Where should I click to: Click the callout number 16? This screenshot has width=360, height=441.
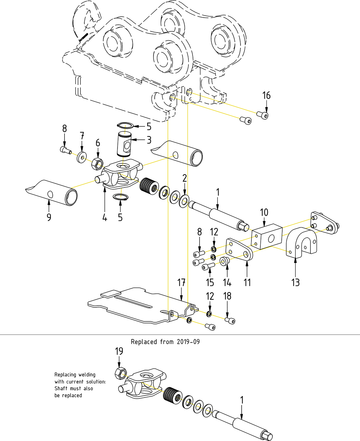[266, 95]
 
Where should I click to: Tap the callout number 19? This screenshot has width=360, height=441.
[119, 351]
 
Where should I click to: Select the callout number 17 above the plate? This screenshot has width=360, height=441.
[181, 283]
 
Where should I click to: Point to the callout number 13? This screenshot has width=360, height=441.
[295, 283]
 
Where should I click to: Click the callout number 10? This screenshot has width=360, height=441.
[264, 212]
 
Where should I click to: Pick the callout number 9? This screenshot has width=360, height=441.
[49, 217]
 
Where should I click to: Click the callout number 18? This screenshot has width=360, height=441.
[227, 296]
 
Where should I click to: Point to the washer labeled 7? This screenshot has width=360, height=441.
[81, 157]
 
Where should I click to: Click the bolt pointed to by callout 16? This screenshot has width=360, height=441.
[262, 115]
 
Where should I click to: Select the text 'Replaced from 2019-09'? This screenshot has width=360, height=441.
[165, 342]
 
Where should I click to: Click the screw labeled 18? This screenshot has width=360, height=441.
[230, 321]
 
